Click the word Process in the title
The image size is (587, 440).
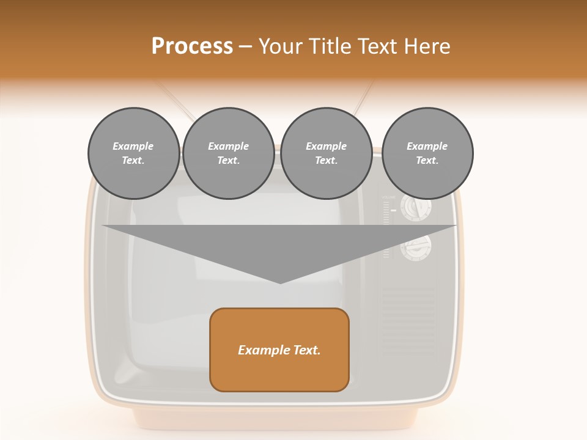pos(192,46)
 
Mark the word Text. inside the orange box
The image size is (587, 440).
pos(305,350)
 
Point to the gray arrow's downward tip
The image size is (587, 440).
pos(280,280)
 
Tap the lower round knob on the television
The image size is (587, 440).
pos(416,248)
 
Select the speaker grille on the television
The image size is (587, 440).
pos(408,318)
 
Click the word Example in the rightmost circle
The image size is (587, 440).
pos(427,146)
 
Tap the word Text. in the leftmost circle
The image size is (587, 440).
pos(133,160)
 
